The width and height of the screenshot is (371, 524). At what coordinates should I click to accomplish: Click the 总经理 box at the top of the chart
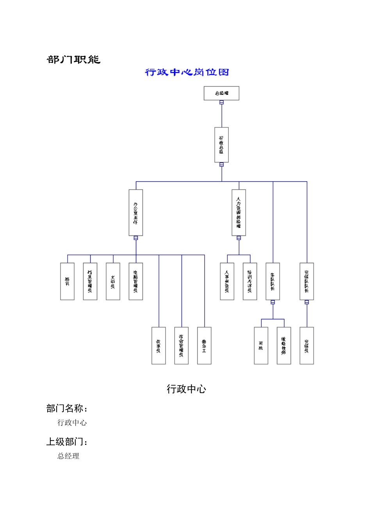[221, 93]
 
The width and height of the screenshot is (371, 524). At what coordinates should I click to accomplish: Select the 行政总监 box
[221, 145]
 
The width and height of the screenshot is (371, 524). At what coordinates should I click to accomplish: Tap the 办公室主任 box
[136, 212]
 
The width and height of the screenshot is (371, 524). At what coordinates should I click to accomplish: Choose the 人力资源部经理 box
[239, 212]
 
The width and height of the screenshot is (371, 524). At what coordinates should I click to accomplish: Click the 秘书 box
[67, 281]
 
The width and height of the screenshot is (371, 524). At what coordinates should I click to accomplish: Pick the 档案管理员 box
[90, 281]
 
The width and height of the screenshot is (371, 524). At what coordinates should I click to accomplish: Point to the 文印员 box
[113, 281]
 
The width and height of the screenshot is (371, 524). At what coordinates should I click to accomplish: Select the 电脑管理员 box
[136, 281]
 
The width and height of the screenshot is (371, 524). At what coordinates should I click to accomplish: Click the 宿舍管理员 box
[182, 345]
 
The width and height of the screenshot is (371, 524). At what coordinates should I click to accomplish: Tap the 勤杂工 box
[204, 345]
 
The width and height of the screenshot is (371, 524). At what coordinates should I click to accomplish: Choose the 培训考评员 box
[250, 281]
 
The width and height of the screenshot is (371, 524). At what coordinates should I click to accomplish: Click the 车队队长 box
[273, 281]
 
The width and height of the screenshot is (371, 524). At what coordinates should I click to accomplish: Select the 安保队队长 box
[307, 281]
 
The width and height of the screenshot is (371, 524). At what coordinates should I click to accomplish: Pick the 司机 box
[261, 345]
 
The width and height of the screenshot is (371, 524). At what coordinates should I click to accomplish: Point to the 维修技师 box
[284, 345]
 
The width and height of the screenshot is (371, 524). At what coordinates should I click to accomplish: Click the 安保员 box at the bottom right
[307, 345]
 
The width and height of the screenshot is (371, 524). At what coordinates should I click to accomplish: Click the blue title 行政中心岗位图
[187, 72]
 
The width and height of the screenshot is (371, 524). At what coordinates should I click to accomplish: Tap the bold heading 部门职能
[74, 59]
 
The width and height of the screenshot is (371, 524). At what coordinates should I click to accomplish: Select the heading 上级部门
[67, 442]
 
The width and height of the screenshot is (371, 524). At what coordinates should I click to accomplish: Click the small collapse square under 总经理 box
[221, 103]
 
